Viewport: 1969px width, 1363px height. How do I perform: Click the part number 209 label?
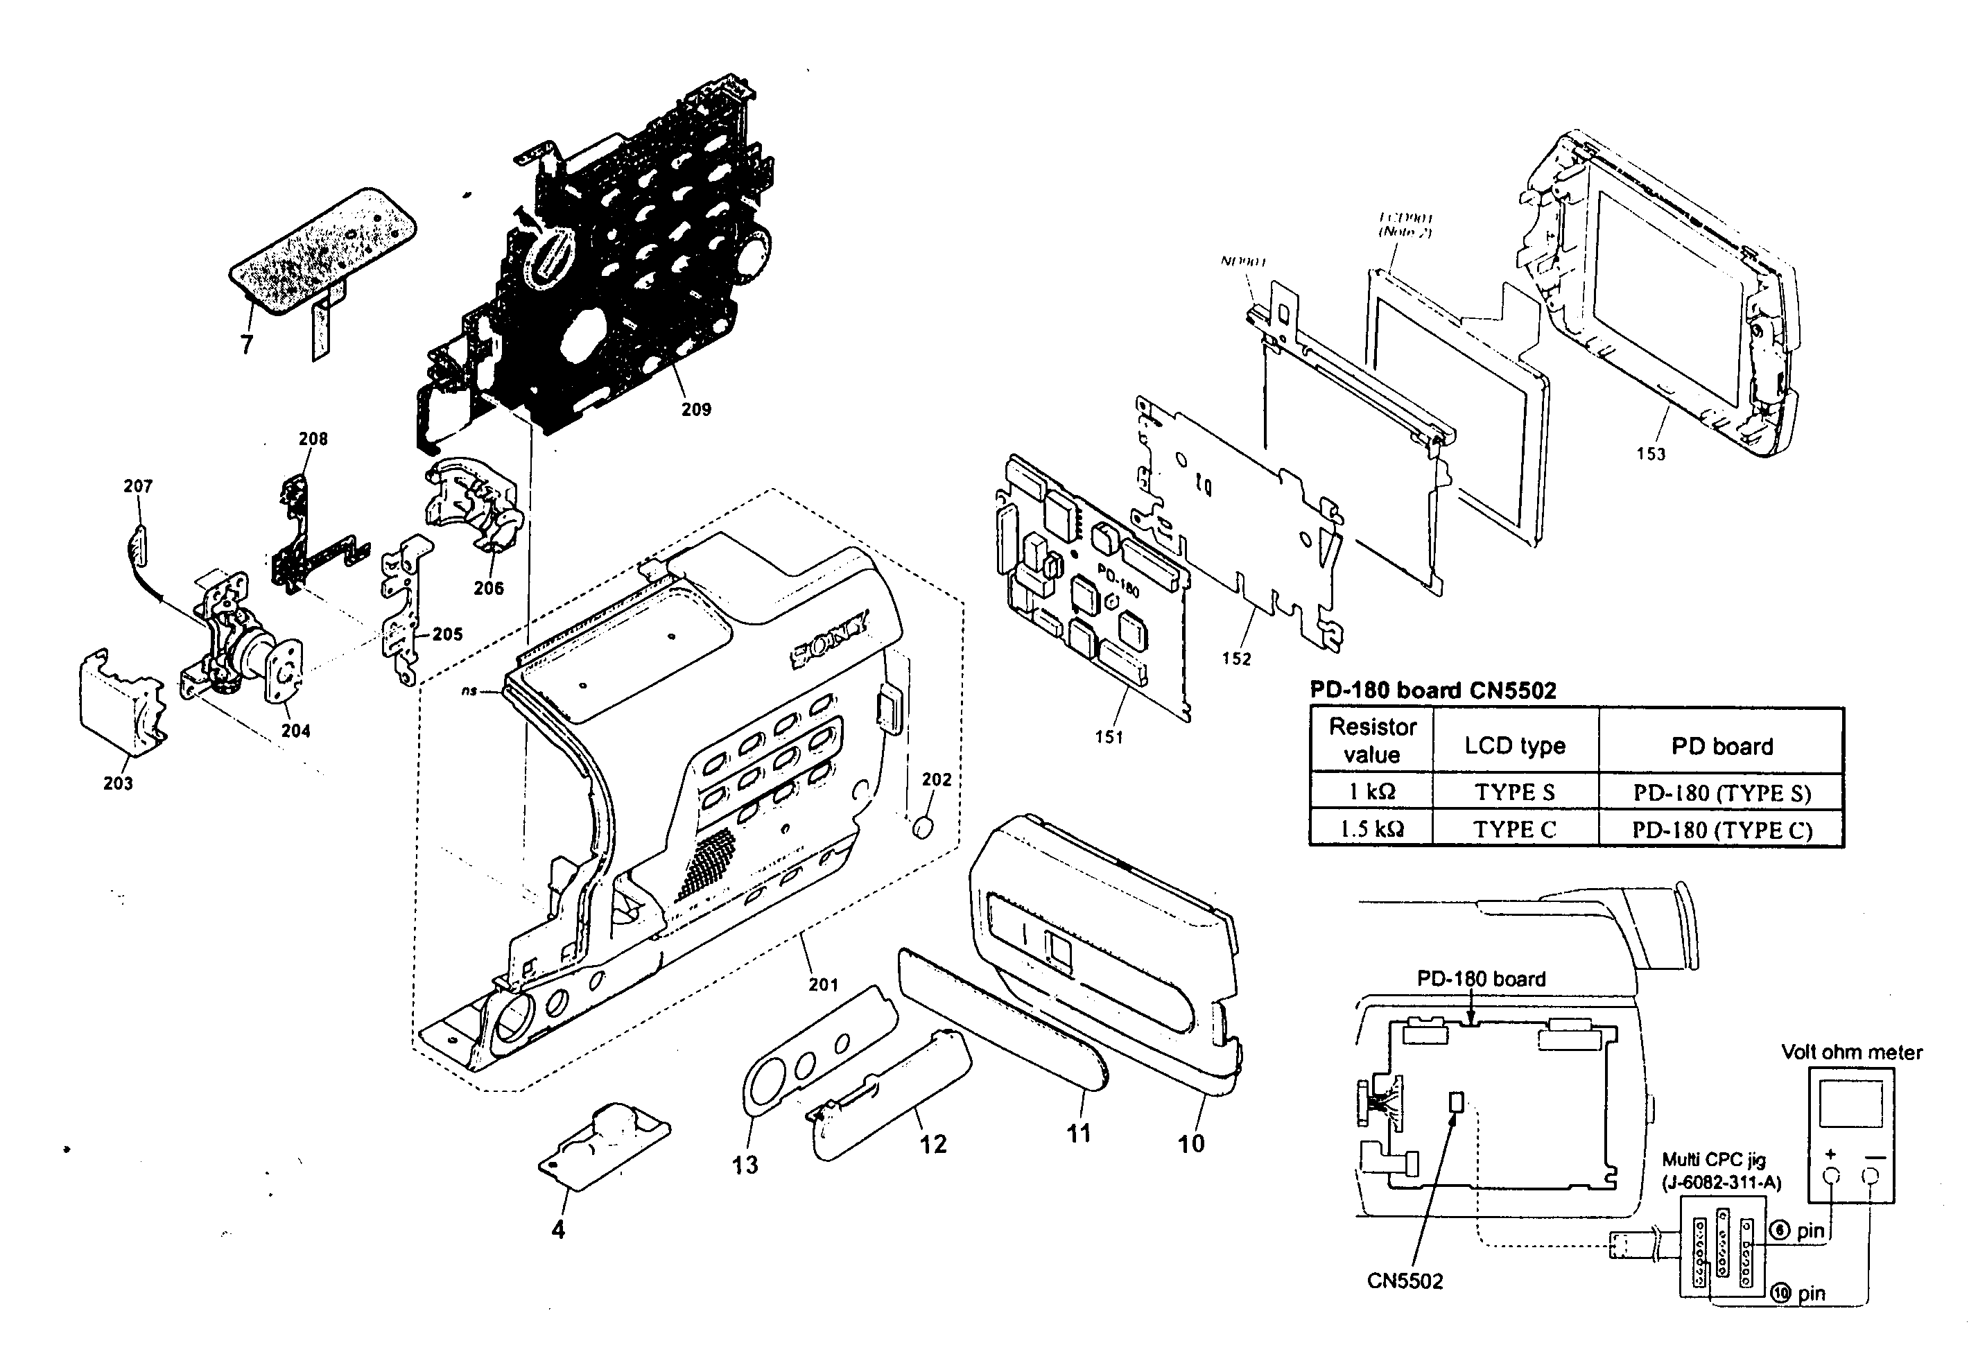tap(696, 410)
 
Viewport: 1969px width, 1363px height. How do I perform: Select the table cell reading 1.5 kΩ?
tap(1371, 829)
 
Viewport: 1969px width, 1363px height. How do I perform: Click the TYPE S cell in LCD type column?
tap(1515, 792)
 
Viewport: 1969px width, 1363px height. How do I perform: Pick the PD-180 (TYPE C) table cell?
tap(1721, 830)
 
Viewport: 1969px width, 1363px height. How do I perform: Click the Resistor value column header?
tap(1371, 740)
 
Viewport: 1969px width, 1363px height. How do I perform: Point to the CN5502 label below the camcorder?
tap(1405, 1281)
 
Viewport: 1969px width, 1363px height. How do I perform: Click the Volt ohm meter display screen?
tap(1850, 1104)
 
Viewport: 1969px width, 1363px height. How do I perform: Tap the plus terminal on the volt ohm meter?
tap(1830, 1177)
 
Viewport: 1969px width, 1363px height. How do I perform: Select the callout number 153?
tap(1651, 454)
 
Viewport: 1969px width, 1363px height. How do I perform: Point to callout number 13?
tap(745, 1165)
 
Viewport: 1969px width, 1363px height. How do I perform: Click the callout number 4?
tap(557, 1230)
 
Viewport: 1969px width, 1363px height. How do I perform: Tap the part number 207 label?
tap(137, 487)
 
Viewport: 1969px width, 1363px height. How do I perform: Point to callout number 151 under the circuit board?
tap(1109, 737)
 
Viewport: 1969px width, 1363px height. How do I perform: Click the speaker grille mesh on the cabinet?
tap(707, 862)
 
